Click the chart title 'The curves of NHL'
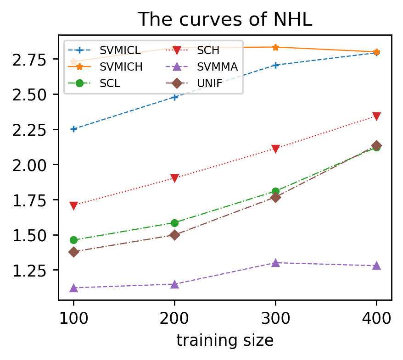[x=225, y=19]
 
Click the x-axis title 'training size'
[x=225, y=340]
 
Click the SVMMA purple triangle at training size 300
[x=275, y=263]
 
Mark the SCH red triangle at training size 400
[x=376, y=116]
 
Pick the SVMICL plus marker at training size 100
[x=73, y=129]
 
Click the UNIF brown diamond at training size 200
[x=174, y=235]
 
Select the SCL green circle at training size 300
[x=275, y=191]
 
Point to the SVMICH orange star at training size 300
[x=275, y=47]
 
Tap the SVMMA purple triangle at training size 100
[x=73, y=288]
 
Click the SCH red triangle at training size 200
[x=174, y=178]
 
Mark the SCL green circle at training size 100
[x=73, y=240]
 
